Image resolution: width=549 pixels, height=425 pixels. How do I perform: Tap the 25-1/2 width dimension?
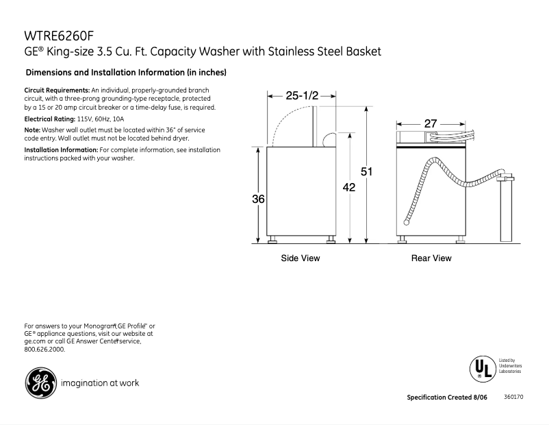[x=302, y=96]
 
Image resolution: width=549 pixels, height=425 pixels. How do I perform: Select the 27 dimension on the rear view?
[x=430, y=123]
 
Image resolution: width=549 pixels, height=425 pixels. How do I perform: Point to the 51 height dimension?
[x=366, y=172]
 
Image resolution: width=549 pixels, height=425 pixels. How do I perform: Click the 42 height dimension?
[x=349, y=187]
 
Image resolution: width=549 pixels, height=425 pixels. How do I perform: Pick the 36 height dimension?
[x=257, y=199]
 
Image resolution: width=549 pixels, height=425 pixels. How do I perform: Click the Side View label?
[x=301, y=258]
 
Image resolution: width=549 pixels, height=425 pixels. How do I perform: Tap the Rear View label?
[x=431, y=258]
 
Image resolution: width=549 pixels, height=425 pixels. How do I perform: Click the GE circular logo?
[x=40, y=383]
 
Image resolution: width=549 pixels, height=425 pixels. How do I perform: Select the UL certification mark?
[x=481, y=368]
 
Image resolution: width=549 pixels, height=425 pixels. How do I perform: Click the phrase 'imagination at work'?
[x=100, y=383]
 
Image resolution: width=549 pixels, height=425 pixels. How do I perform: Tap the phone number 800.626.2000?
[x=44, y=350]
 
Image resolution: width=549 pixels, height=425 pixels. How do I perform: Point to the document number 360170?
[x=513, y=398]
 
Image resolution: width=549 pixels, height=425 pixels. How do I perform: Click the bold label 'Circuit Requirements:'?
[x=57, y=90]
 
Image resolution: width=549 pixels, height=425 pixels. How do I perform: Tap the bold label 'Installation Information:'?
[x=61, y=149]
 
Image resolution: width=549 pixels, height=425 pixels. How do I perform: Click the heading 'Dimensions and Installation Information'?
[x=125, y=72]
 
